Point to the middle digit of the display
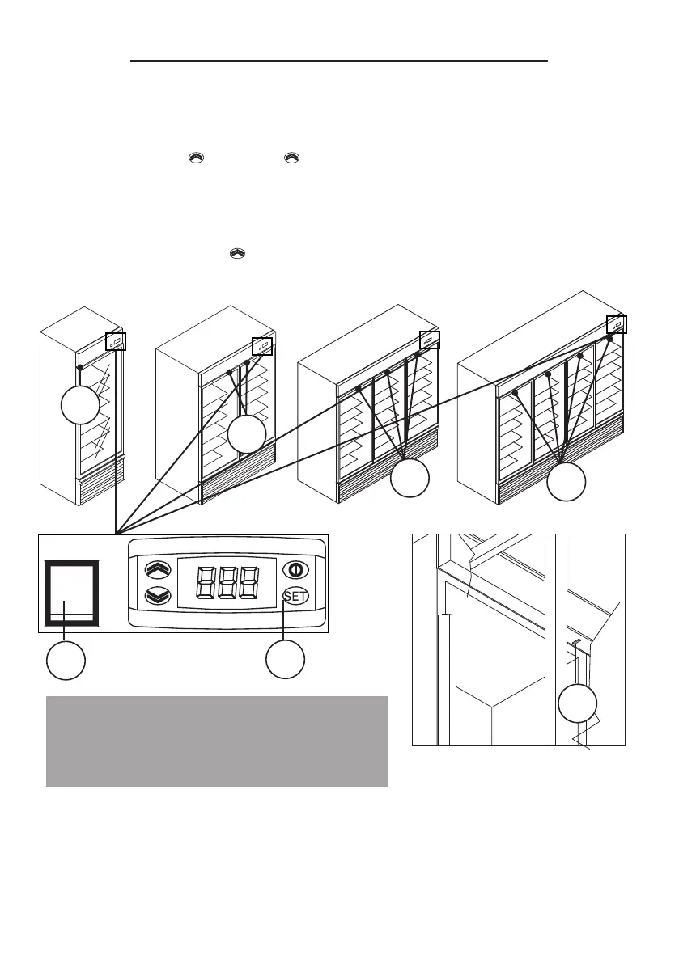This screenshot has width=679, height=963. [227, 583]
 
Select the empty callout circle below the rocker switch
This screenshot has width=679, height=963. [66, 660]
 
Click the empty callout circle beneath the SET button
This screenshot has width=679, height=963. [286, 660]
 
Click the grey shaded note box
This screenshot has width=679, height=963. [217, 741]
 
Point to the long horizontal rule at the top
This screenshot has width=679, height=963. [340, 61]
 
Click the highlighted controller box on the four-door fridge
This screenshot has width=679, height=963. [617, 325]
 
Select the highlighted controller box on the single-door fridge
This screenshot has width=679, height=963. [116, 342]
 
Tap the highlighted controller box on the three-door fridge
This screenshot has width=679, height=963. [429, 340]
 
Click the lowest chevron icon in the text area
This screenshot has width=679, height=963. [236, 253]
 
